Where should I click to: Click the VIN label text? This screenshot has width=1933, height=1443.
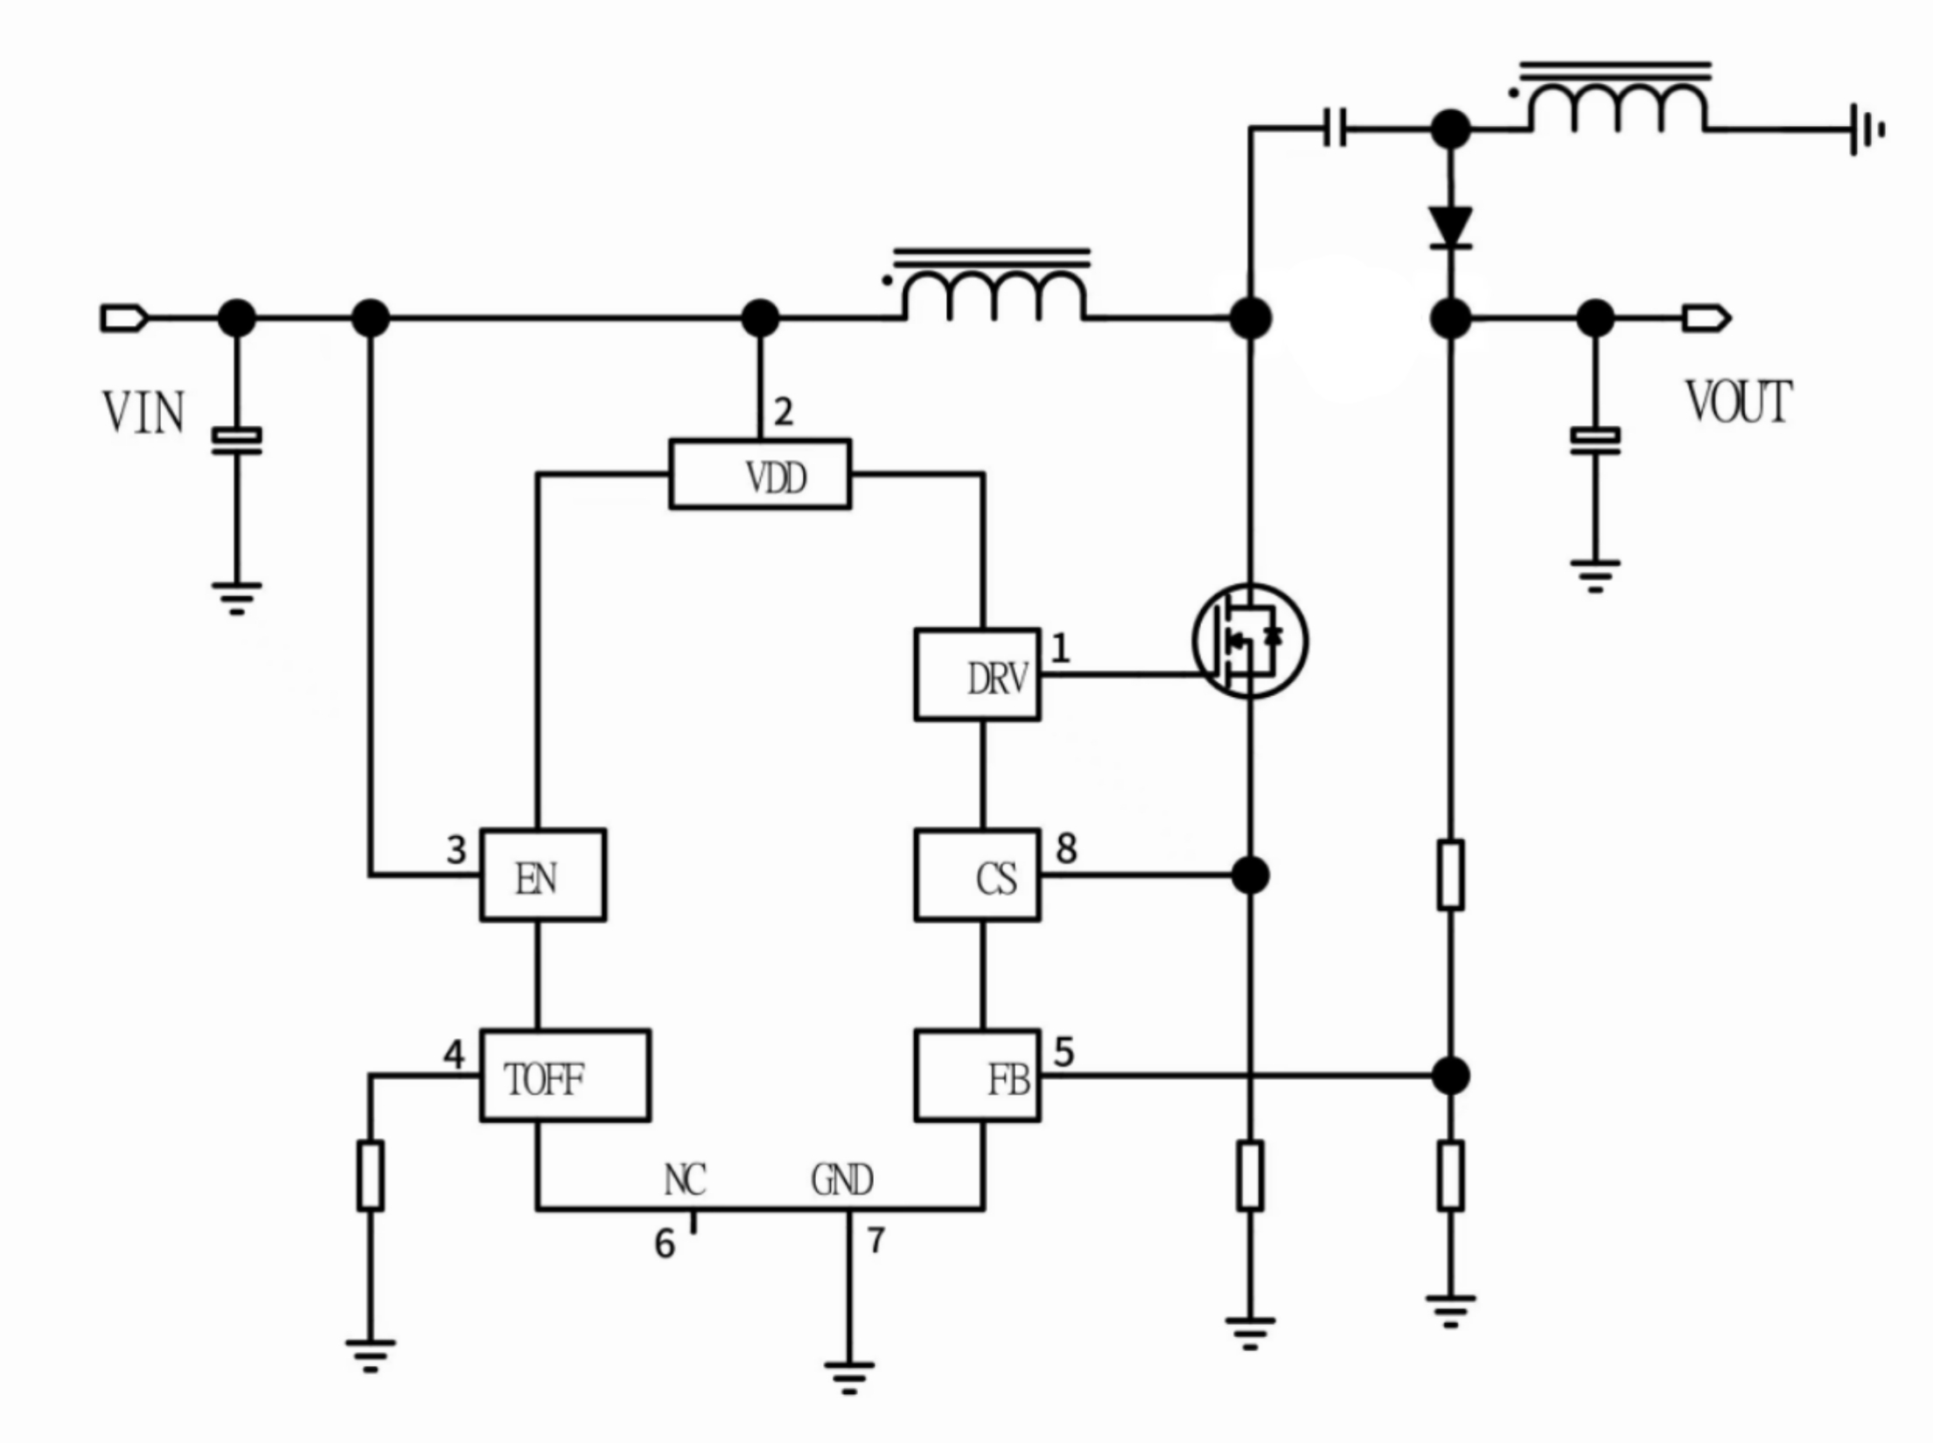(143, 413)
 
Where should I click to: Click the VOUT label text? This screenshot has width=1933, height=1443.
(1738, 403)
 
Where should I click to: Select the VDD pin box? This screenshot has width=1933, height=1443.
(760, 474)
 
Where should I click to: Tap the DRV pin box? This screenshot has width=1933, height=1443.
(977, 674)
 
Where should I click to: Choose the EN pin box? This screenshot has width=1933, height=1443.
(543, 875)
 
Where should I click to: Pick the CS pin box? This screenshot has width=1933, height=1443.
(977, 875)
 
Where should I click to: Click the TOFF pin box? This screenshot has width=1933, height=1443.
(565, 1075)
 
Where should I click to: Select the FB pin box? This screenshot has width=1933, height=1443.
(977, 1075)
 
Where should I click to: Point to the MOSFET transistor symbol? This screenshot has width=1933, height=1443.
(1250, 640)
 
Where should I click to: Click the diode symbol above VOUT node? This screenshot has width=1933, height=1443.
(1450, 227)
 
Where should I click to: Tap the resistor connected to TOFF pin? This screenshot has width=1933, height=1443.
(370, 1175)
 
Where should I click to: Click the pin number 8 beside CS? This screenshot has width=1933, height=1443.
(1066, 848)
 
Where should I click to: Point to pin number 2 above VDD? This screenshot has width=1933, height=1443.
(784, 412)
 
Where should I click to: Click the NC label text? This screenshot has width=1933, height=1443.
(685, 1180)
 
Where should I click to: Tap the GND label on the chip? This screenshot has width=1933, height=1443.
(841, 1180)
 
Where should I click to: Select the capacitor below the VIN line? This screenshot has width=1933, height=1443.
(236, 441)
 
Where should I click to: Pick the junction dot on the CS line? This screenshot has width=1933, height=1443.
(1250, 875)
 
